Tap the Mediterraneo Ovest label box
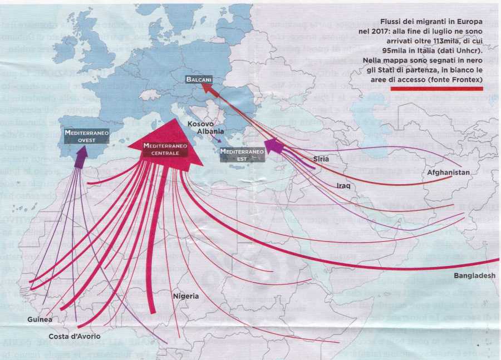click(86, 136)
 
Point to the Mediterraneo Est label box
click(242, 154)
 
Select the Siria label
click(321, 159)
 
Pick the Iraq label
click(343, 185)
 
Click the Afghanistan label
click(449, 172)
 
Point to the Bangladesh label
click(474, 276)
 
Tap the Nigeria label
click(185, 296)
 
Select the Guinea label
click(40, 319)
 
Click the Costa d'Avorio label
click(71, 336)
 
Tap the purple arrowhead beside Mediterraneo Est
click(272, 146)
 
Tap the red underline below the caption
click(436, 88)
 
